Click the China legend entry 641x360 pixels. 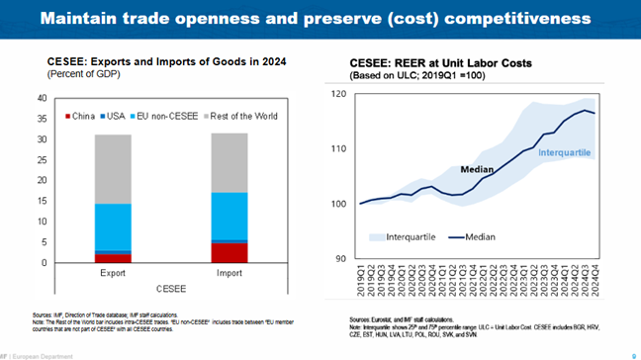point(84,117)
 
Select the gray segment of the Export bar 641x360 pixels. point(112,169)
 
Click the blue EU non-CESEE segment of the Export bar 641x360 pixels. point(112,226)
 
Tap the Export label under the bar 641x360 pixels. point(112,274)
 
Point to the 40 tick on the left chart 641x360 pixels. point(42,99)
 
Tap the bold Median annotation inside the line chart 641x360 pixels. point(479,169)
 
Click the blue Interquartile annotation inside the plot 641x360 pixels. point(565,150)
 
